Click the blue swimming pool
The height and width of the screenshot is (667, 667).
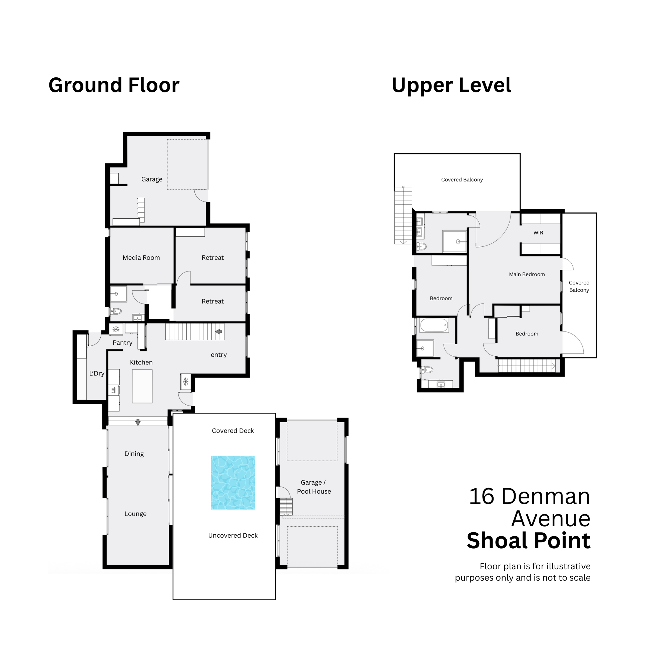coord(233,482)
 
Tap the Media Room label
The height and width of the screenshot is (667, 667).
coord(141,257)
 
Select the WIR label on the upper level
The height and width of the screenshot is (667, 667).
coord(538,233)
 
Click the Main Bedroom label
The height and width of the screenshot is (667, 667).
coord(527,274)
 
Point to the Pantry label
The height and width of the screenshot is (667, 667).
coord(122,343)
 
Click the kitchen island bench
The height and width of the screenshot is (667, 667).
coord(142,386)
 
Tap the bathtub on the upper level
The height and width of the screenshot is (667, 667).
coord(434,325)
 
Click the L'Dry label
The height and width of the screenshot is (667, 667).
coord(97,373)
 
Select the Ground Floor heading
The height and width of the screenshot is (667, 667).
coord(114,85)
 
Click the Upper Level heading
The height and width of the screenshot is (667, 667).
coord(451,85)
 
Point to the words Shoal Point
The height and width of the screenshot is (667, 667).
coord(529,540)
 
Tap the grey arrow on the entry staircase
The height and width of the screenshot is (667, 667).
coord(218,332)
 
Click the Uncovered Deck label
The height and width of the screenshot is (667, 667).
coord(233,536)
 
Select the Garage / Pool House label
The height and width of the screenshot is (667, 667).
coord(314,487)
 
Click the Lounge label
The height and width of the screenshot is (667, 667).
coord(135,514)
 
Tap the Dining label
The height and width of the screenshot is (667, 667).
coord(134,454)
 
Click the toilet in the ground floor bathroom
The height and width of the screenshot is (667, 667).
coord(116,311)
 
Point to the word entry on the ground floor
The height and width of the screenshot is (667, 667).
coord(218,355)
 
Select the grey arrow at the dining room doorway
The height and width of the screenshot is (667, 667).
coord(138,422)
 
